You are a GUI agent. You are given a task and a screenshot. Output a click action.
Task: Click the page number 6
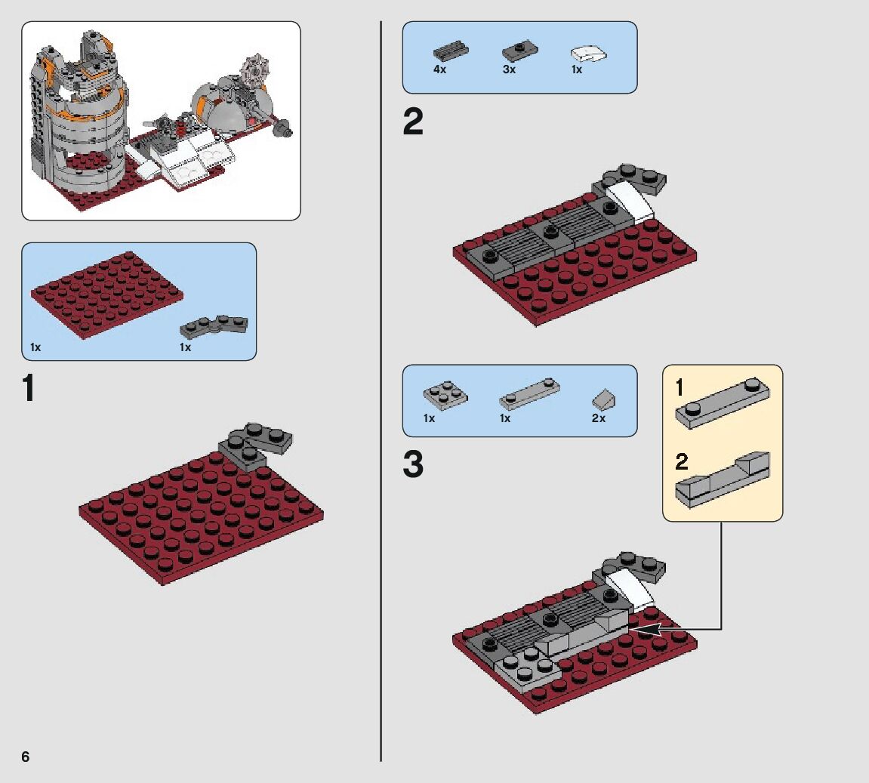click(25, 757)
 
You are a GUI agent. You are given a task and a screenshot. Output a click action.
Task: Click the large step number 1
click(28, 389)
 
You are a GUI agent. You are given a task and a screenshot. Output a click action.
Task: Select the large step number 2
click(413, 122)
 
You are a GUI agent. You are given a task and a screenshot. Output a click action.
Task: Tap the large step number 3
click(413, 465)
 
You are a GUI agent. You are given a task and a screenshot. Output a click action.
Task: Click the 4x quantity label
click(439, 69)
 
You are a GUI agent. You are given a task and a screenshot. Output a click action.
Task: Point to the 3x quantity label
click(509, 69)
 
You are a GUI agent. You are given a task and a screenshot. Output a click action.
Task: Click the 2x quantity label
click(598, 418)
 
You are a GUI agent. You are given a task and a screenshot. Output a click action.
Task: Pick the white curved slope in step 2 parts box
click(589, 54)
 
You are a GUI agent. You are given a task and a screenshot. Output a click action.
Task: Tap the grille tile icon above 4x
click(451, 51)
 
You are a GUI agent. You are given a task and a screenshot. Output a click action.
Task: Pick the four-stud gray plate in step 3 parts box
click(444, 393)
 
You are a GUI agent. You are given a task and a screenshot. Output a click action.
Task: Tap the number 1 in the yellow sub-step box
click(679, 389)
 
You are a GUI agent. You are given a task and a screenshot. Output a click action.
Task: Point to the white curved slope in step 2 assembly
click(630, 197)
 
